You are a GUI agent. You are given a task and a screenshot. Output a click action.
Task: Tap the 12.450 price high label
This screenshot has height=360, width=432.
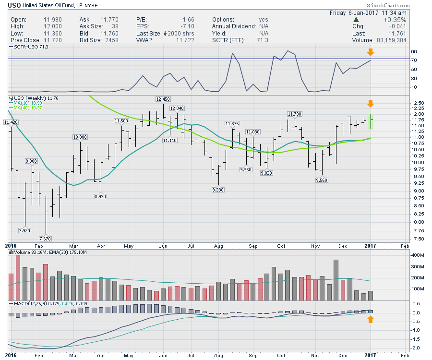click(x=163, y=99)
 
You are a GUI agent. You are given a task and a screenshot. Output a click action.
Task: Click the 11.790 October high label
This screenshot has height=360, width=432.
click(x=294, y=114)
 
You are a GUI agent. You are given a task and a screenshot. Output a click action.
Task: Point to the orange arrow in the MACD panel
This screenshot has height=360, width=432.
click(x=370, y=319)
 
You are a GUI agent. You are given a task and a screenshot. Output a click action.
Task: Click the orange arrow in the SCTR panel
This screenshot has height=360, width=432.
click(x=370, y=52)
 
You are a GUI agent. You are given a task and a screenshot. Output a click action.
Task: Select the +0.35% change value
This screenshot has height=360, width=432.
click(x=396, y=20)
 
